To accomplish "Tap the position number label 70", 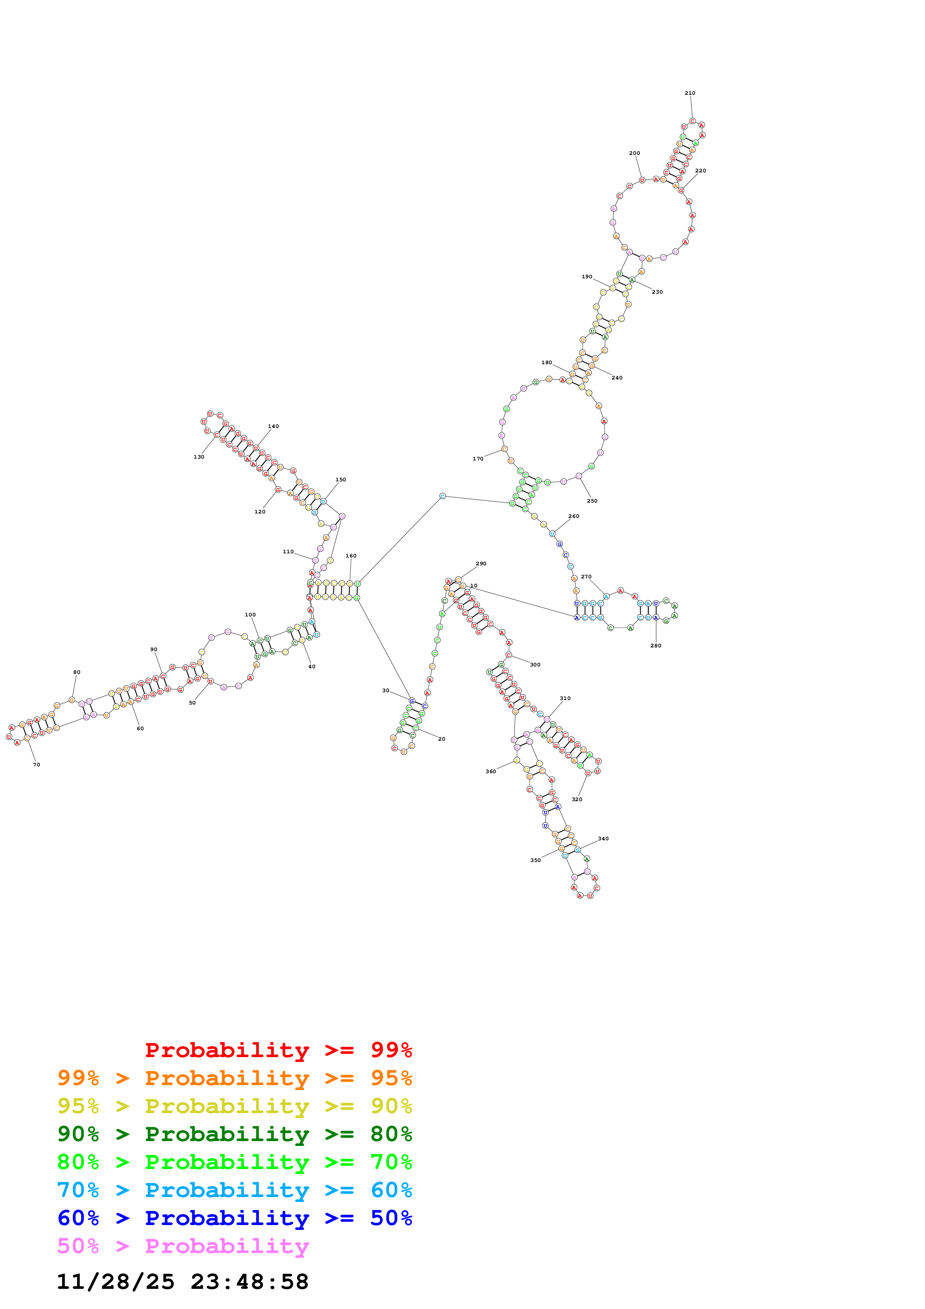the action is click(x=37, y=765).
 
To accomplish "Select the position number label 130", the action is click(x=199, y=457).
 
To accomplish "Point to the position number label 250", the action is click(x=592, y=500).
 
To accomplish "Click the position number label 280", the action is click(x=656, y=646).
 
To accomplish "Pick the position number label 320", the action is click(x=577, y=799).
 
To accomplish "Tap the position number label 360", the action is click(x=491, y=771).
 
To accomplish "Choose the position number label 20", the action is click(x=442, y=739).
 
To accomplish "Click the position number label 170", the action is click(x=478, y=458).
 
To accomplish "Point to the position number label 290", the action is click(x=481, y=563).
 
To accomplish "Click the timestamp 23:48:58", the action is click(x=250, y=1282).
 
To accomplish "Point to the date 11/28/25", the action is click(x=115, y=1282).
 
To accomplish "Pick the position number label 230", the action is click(x=657, y=292).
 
